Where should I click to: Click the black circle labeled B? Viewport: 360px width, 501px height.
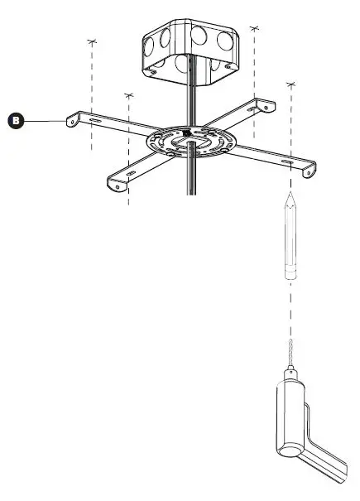(x=16, y=121)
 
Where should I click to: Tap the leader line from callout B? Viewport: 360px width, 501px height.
(x=46, y=121)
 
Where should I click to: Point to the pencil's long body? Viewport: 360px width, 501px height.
(x=290, y=240)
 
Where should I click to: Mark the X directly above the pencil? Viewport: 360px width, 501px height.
(x=290, y=85)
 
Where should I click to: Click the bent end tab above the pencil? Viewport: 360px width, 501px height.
(x=307, y=169)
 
